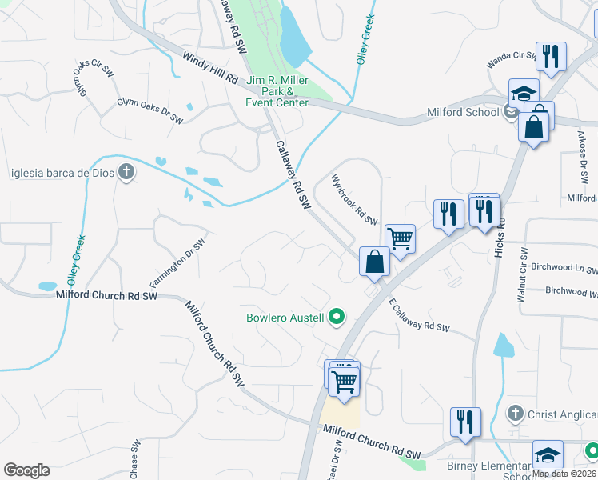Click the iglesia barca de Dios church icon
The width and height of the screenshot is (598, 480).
coord(126,173)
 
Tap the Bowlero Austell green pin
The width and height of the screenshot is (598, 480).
coord(337,318)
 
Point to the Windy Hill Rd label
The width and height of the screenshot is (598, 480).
coord(210,69)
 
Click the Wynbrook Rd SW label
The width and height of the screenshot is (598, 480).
coord(354,200)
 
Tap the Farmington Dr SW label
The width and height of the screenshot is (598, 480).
coord(177,263)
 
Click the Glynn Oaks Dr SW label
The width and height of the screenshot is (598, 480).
coord(150,111)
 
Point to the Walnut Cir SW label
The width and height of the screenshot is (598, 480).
coord(521,274)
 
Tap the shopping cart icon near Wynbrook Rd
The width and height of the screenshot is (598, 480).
coord(400,238)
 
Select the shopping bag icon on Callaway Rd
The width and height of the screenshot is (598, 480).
coord(374,262)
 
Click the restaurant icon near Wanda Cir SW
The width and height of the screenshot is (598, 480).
coord(551,56)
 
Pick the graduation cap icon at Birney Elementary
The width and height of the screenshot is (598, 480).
coord(548,454)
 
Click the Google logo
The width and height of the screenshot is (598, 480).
coord(26,470)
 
